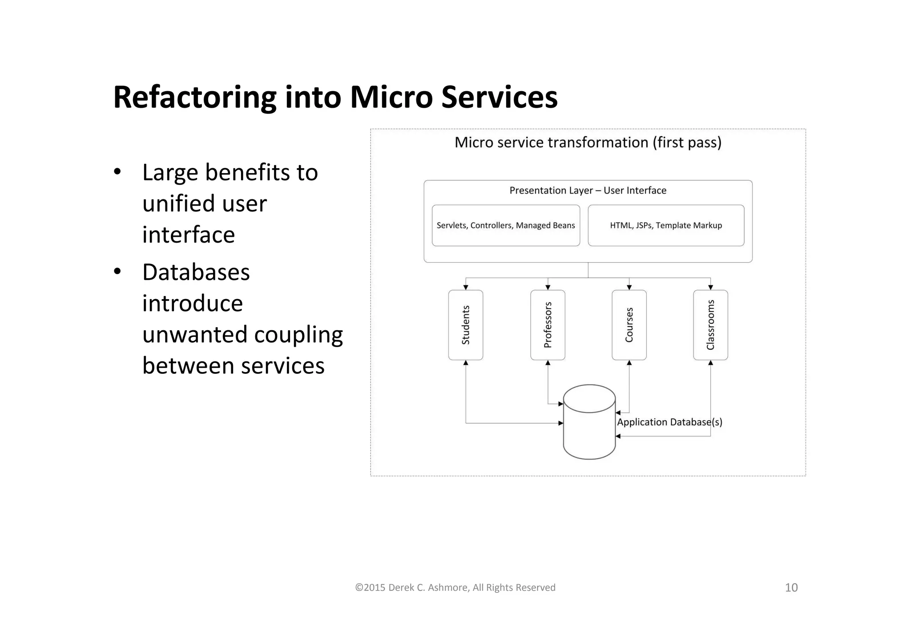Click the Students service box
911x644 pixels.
[x=465, y=325]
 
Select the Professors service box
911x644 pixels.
[x=548, y=325]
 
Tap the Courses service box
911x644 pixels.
[x=629, y=325]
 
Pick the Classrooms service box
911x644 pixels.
[x=710, y=325]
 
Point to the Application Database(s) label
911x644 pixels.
[x=669, y=422]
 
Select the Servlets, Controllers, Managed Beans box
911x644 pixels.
[x=506, y=225]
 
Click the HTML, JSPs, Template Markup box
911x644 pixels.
[x=666, y=225]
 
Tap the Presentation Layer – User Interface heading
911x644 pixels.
[x=588, y=190]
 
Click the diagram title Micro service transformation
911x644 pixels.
[x=588, y=142]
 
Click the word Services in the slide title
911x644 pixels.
[x=499, y=97]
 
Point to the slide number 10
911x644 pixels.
[x=791, y=587]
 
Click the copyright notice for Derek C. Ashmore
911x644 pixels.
[x=455, y=587]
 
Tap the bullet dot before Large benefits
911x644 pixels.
[x=117, y=172]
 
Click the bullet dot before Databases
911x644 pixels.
[x=117, y=271]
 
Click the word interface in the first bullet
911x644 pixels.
[x=188, y=235]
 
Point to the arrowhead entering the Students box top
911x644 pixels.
[x=466, y=288]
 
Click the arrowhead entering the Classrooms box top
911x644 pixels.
[x=710, y=288]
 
